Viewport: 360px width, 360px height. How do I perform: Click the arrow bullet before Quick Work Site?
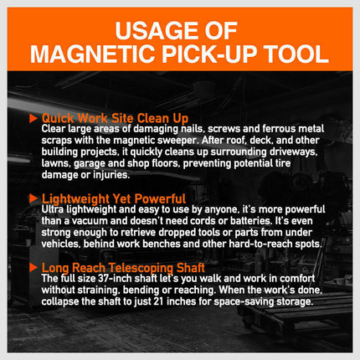(34, 118)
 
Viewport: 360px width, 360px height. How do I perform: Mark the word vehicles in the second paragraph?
(64, 239)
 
